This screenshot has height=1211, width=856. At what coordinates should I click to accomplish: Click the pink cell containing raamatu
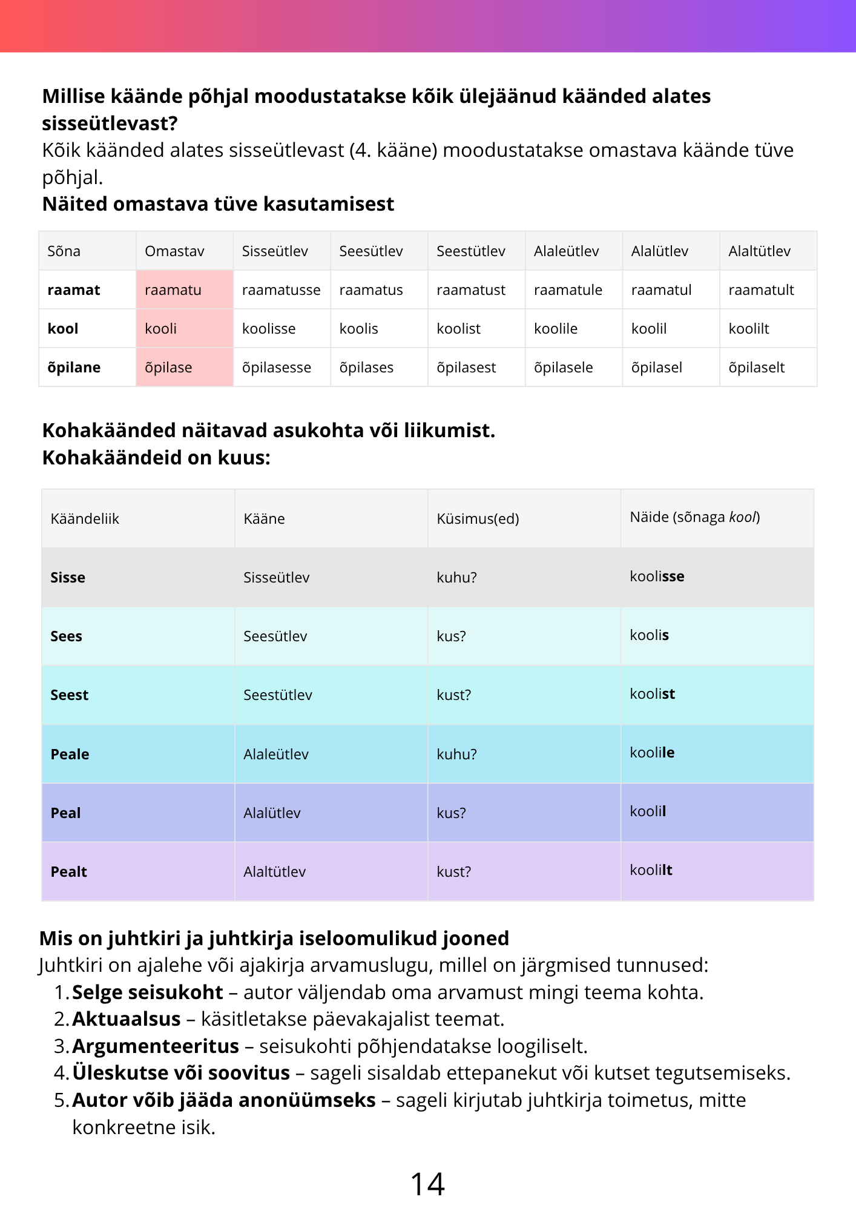click(184, 290)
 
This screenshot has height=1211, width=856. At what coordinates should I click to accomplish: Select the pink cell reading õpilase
click(184, 368)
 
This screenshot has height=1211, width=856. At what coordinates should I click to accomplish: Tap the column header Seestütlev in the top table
click(470, 251)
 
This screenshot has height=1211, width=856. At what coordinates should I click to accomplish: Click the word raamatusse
click(281, 290)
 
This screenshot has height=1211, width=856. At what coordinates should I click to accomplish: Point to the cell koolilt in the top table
click(749, 329)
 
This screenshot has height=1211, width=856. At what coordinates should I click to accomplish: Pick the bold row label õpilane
click(74, 368)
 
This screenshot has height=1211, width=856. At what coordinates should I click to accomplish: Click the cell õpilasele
click(563, 368)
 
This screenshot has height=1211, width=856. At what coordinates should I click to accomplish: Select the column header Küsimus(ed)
click(478, 519)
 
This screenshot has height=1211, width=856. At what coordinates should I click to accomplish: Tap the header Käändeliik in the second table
click(85, 519)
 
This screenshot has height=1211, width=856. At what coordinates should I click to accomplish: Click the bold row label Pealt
click(69, 872)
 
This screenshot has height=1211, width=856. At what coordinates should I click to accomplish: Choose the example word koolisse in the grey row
click(657, 576)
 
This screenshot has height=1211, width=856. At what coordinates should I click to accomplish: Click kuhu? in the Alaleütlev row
click(456, 754)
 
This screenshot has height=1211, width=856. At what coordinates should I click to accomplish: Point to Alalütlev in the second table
click(272, 813)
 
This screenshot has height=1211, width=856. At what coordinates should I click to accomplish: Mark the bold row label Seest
click(70, 695)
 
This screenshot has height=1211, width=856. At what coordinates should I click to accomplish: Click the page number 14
click(427, 1184)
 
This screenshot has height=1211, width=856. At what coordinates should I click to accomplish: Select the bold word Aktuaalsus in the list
click(127, 1019)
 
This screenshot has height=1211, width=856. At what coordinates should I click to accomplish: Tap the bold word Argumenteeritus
click(156, 1046)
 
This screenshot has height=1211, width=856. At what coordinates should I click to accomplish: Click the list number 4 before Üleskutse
click(61, 1073)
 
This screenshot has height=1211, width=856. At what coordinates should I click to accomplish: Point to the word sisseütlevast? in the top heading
click(110, 124)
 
